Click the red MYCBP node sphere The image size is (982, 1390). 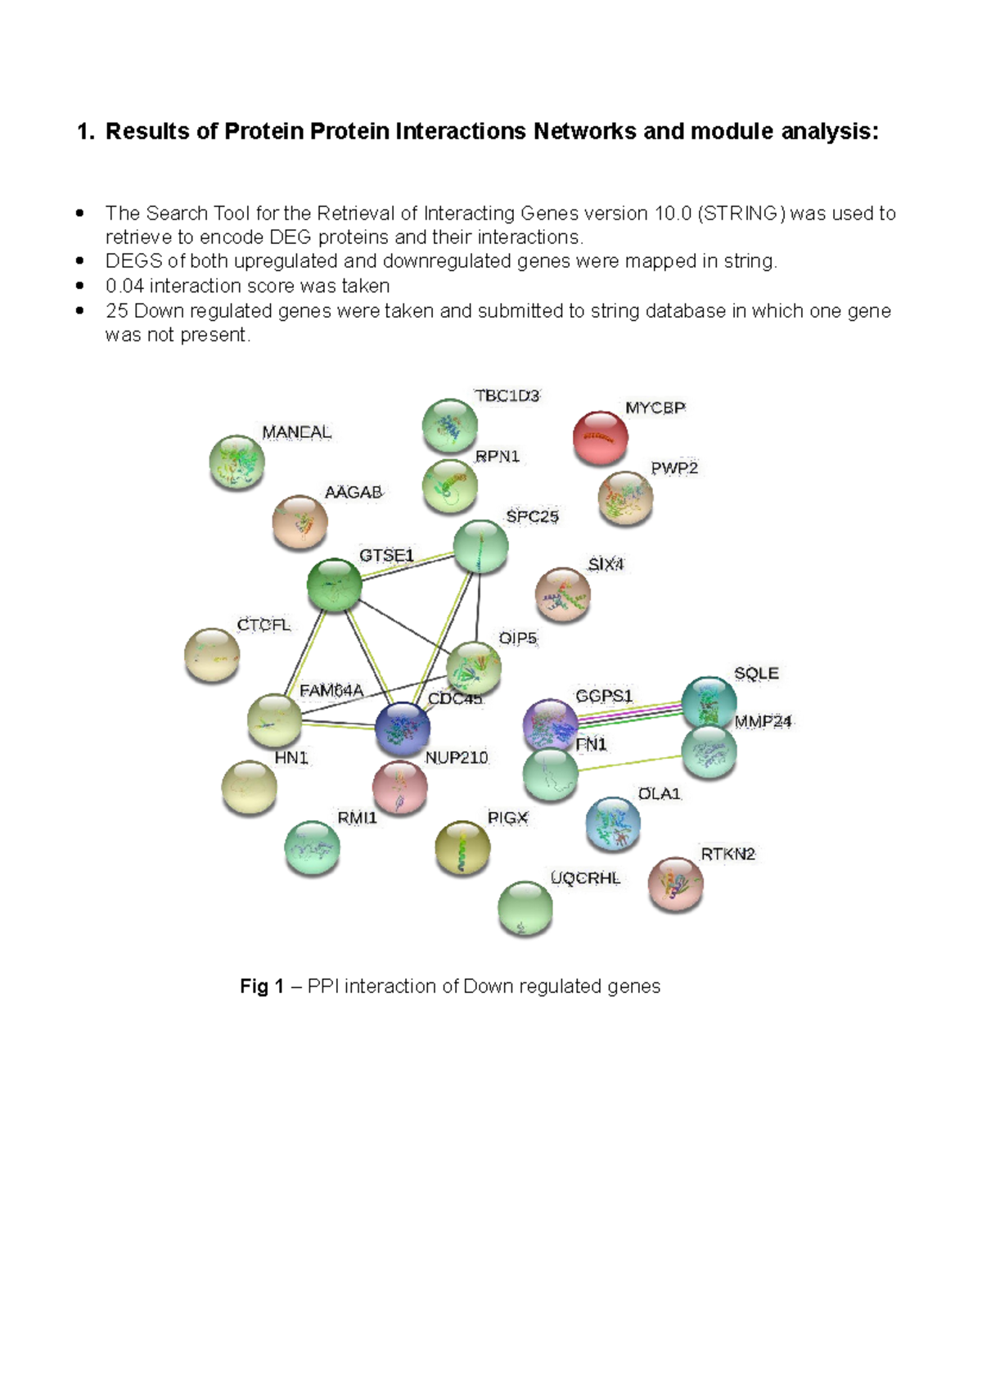[601, 437]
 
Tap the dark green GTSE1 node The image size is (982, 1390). [334, 584]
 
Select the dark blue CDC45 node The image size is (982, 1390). [403, 728]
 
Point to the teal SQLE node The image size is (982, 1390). [709, 702]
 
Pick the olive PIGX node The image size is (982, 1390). [462, 847]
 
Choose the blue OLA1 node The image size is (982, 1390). [613, 824]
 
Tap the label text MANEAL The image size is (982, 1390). [296, 432]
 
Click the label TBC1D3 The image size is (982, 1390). [507, 396]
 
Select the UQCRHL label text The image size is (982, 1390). [585, 878]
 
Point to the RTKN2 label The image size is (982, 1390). [727, 854]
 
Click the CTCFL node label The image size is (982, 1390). [264, 625]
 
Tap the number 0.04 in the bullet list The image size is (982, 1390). [124, 287]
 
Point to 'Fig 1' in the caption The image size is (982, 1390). [261, 986]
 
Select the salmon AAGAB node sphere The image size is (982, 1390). [300, 521]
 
